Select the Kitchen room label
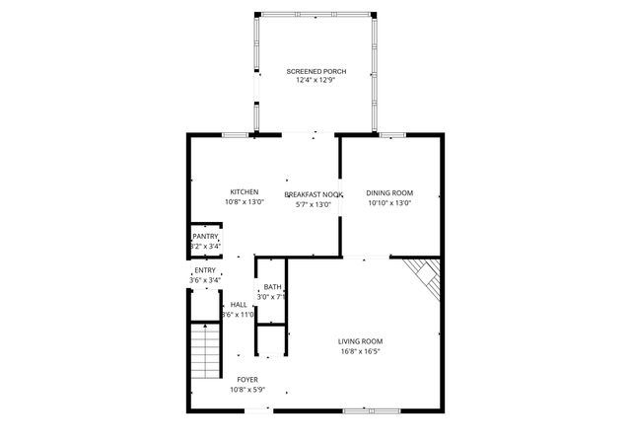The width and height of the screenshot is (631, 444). coord(245,192)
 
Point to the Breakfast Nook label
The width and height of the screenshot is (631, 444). coord(314,195)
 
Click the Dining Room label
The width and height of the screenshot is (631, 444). coord(389,193)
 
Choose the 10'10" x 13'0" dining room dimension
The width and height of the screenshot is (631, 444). coord(389,203)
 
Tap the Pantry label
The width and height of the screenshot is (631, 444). coord(205,237)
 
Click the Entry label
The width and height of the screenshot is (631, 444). coord(205,270)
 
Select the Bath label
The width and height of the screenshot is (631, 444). coord(271,287)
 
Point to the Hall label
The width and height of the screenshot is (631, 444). coord(239,305)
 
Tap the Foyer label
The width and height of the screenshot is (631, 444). coord(247,379)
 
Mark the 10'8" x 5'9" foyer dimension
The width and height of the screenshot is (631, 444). coord(247,389)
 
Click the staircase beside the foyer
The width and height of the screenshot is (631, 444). coord(204,352)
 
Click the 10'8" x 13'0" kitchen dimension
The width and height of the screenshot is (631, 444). coord(245,202)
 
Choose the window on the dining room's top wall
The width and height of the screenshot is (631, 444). coord(393,134)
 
